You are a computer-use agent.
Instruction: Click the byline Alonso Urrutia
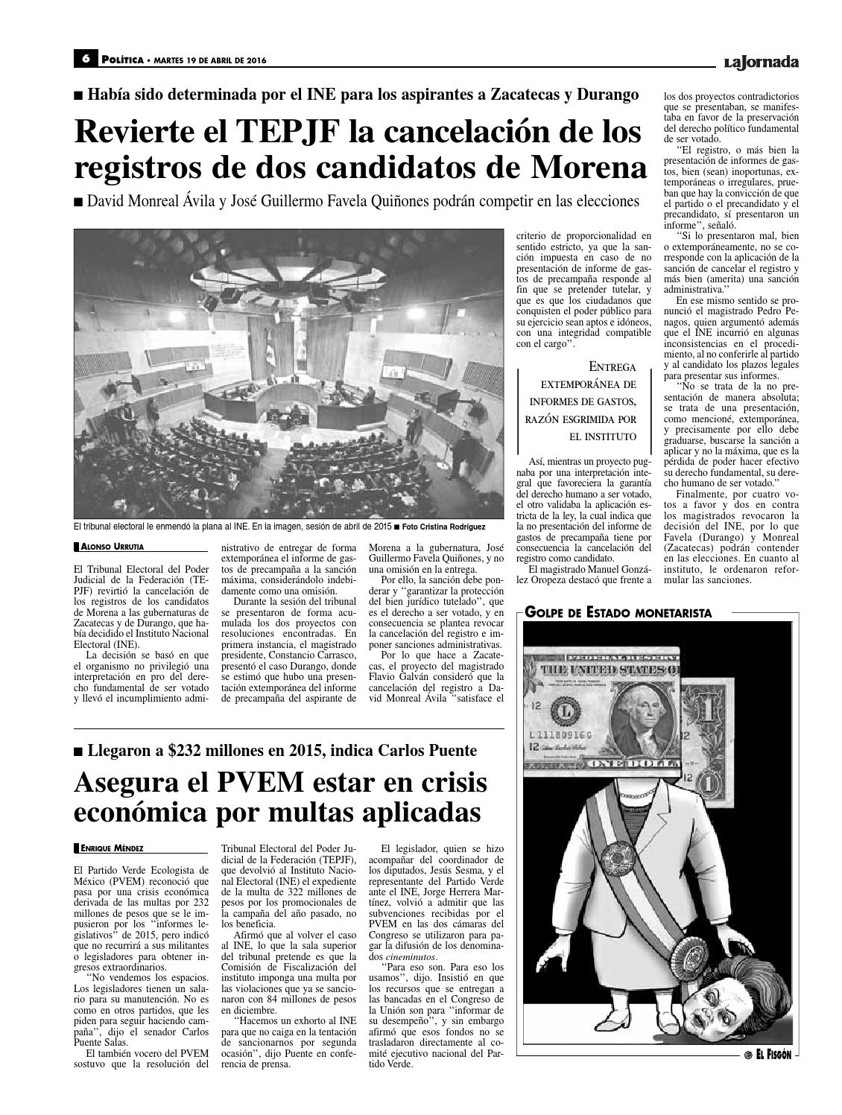pyautogui.click(x=107, y=547)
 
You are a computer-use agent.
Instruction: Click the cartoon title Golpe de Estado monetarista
pyautogui.click(x=618, y=613)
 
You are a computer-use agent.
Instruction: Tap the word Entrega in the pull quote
pyautogui.click(x=613, y=367)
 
